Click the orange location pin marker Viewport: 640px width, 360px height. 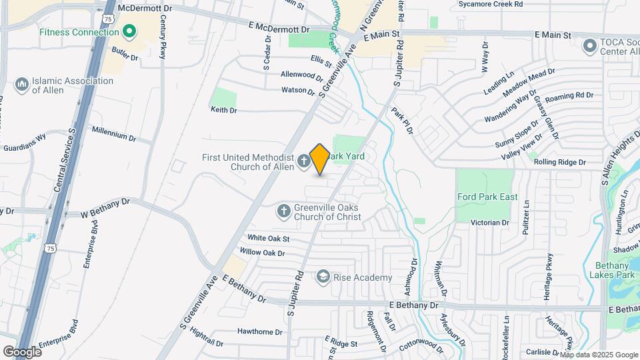(319, 159)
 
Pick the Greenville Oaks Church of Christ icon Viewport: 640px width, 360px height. (283, 212)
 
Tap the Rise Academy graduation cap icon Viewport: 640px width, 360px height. (323, 277)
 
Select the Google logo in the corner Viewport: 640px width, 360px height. (23, 351)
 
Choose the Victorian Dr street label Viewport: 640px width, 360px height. (490, 222)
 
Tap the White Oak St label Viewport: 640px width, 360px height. (268, 238)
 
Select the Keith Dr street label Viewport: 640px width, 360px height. (223, 109)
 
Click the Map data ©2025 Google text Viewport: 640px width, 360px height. (597, 354)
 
